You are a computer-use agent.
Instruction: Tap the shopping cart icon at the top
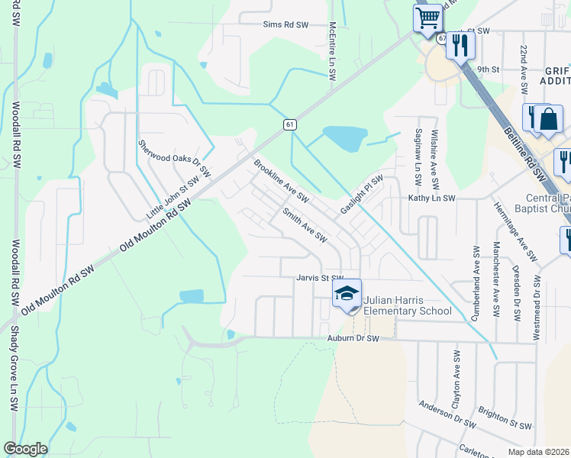[428, 17]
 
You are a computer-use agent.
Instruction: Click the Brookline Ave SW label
[281, 181]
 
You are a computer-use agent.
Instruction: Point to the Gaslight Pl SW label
[362, 195]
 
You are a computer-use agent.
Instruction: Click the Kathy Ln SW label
[431, 198]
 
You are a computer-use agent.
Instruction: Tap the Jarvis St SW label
[321, 279]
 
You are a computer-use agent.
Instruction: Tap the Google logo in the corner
[25, 449]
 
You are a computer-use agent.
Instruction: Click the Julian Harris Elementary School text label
[407, 305]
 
